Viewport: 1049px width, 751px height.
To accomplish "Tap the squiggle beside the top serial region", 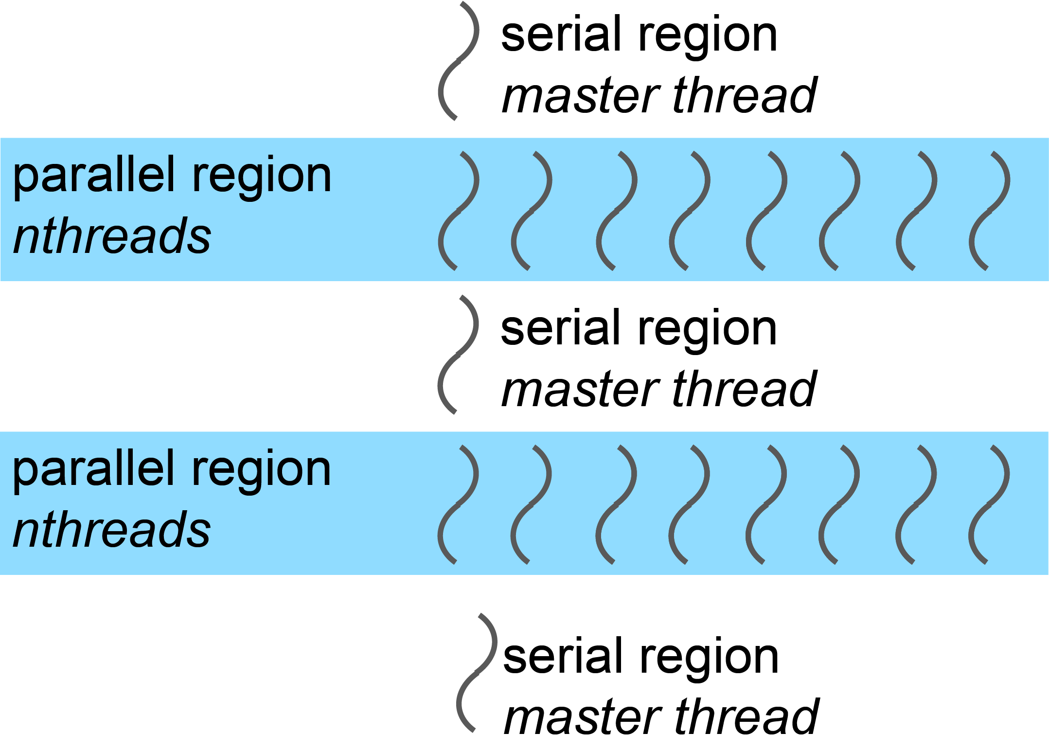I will (x=459, y=61).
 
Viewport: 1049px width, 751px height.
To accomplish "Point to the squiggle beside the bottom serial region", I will (x=477, y=673).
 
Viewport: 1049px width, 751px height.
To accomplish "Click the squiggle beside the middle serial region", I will (x=458, y=355).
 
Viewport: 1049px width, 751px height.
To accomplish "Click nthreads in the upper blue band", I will (x=112, y=236).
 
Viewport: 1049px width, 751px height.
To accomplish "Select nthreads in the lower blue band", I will (x=112, y=530).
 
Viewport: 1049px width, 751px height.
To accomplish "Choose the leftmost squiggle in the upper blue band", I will (x=459, y=211).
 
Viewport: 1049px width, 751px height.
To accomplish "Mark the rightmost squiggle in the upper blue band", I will (x=989, y=211).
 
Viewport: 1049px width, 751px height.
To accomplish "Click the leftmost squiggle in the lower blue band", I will (x=458, y=505).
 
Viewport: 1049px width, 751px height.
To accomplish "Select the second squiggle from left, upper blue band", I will (x=532, y=211).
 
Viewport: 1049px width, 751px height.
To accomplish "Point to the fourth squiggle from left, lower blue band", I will (x=689, y=505).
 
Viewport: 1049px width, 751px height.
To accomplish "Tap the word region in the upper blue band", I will (x=262, y=178).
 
